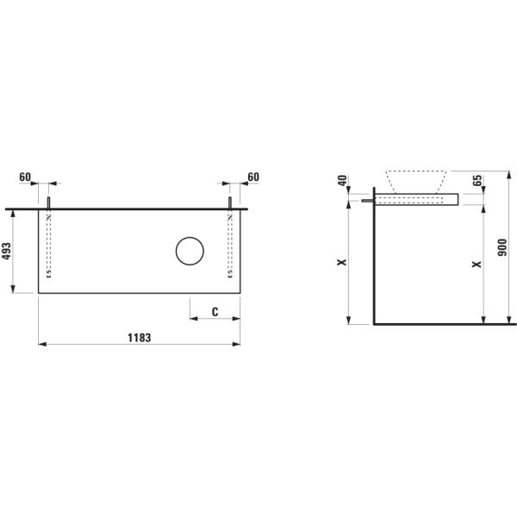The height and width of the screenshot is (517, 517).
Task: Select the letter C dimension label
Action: pyautogui.click(x=214, y=311)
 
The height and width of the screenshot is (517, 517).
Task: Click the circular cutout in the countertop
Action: pyautogui.click(x=189, y=252)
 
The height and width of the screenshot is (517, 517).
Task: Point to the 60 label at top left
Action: pyautogui.click(x=25, y=177)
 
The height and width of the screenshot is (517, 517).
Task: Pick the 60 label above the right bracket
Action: pyautogui.click(x=252, y=177)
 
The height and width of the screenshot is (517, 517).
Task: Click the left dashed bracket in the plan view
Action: pyautogui.click(x=49, y=246)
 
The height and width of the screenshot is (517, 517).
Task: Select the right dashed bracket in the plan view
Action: pyautogui.click(x=230, y=246)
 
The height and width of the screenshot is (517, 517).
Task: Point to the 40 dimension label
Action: pyautogui.click(x=342, y=182)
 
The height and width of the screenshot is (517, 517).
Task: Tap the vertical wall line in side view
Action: pyautogui.click(x=373, y=258)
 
